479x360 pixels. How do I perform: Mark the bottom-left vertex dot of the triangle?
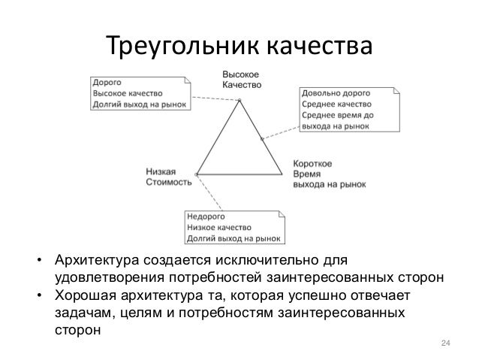coord(197,174)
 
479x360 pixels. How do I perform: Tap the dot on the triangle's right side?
coord(261,138)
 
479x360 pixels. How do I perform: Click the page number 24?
coord(444,343)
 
